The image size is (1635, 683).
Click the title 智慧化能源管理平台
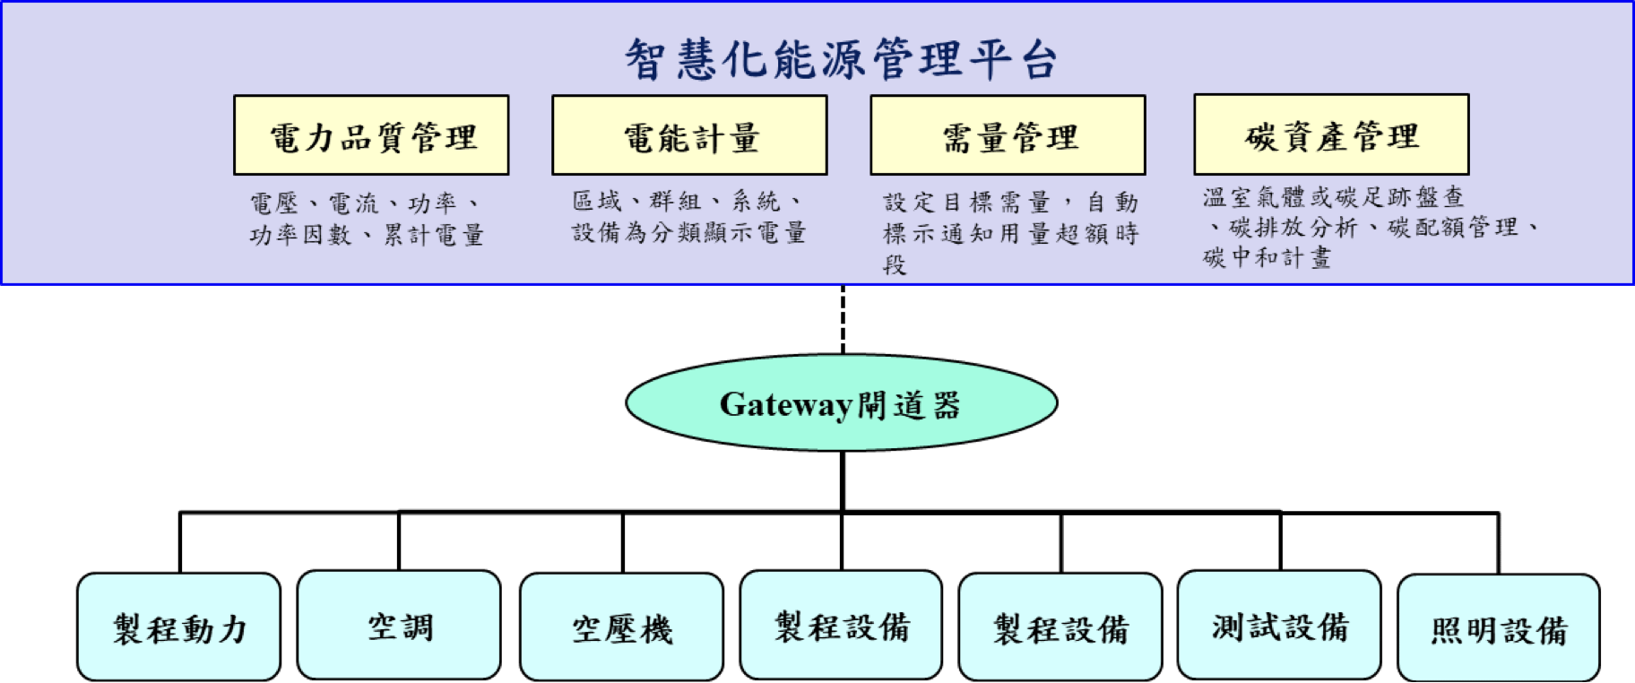pos(841,60)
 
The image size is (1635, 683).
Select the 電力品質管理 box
pos(371,135)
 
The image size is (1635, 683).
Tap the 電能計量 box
pos(689,135)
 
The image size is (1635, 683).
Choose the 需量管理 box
pos(1008,135)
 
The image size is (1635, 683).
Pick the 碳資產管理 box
pos(1331,134)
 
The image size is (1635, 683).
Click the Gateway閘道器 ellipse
pos(841,403)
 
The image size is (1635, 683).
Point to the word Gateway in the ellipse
pos(785,404)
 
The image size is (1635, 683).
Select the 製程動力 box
pos(179,627)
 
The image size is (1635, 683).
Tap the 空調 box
pos(399,626)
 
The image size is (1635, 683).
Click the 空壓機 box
pos(621,627)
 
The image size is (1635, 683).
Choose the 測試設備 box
pos(1279,626)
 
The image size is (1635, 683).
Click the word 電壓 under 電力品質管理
pos(273,203)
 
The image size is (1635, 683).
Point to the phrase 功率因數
pos(300,235)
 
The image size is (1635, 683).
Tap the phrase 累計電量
pos(434,235)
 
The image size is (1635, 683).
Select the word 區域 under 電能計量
pos(597,201)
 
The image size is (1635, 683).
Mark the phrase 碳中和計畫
pos(1267,258)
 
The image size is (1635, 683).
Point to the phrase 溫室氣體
pos(1253,196)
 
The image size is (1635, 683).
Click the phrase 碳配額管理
pos(1453,228)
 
